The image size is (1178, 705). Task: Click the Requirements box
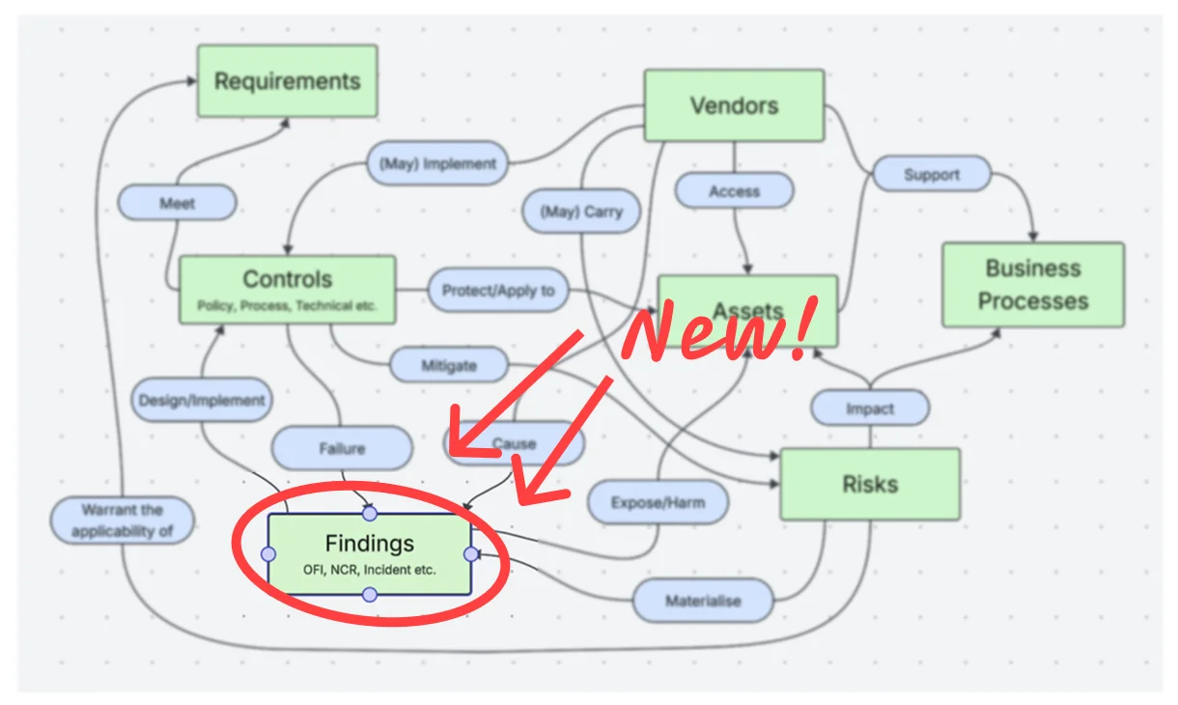287,80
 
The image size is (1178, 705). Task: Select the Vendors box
734,105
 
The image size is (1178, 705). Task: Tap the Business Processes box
1033,285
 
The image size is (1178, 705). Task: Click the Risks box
870,484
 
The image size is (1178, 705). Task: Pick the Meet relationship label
178,203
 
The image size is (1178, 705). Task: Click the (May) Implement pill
437,163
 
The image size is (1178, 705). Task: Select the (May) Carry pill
581,211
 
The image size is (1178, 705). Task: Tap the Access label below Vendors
734,190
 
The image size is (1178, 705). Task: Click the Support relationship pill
932,174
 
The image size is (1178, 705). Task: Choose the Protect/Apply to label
498,290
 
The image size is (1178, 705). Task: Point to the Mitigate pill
449,365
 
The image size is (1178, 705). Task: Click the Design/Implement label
202,400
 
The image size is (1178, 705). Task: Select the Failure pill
342,448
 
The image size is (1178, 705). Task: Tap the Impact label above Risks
870,408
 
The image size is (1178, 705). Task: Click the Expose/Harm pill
658,502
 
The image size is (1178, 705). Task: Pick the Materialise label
703,601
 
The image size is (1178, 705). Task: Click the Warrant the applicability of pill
122,520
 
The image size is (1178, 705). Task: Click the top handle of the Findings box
370,513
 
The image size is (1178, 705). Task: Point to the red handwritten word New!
719,330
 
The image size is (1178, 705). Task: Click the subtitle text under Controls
287,306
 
